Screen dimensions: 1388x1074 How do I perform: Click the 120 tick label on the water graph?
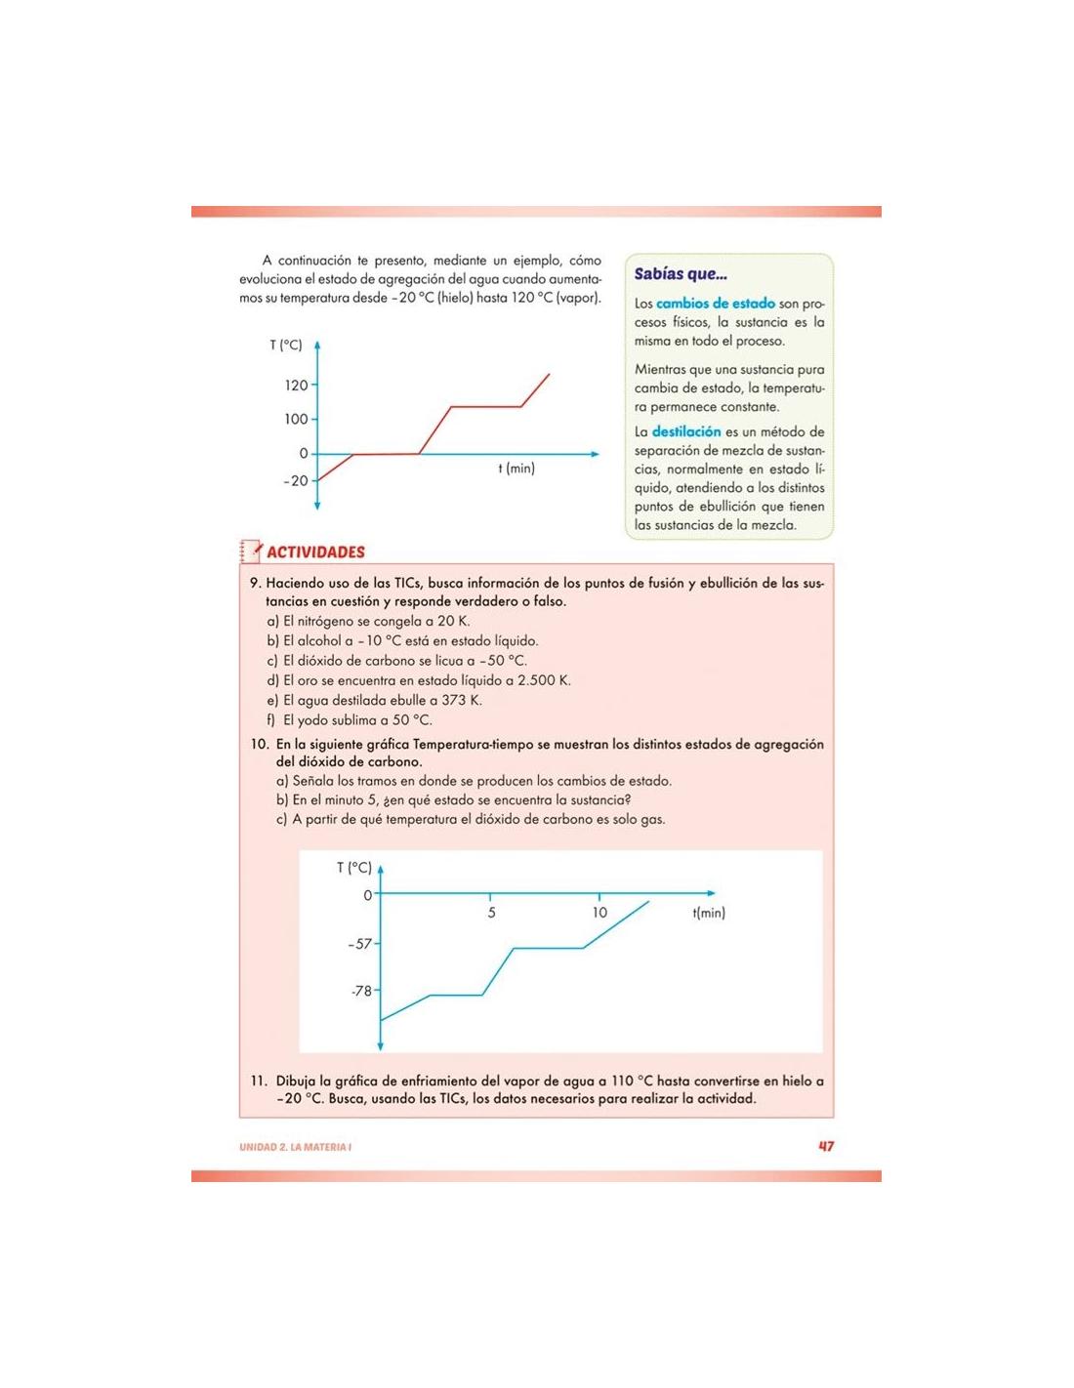[296, 386]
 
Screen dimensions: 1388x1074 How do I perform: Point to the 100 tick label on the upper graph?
[296, 420]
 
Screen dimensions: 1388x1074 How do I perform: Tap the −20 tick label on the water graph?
[295, 481]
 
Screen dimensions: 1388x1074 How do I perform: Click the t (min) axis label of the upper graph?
[516, 469]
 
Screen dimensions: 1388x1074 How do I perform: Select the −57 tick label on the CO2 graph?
[359, 944]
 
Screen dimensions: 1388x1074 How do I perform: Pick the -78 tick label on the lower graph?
[361, 991]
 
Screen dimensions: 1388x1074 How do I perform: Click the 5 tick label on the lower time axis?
[491, 913]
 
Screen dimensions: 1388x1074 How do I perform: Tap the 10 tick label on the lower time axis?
[599, 913]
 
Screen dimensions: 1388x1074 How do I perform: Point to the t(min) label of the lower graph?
[709, 913]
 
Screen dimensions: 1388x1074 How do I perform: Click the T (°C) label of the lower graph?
[353, 868]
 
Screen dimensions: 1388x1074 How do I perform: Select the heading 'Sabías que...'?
[681, 274]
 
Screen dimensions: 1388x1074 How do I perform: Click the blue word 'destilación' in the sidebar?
[686, 431]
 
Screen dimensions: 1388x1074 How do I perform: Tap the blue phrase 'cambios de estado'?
[716, 304]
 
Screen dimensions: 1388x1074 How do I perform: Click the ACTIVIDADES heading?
[315, 552]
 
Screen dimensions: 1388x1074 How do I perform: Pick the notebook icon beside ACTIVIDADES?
[251, 551]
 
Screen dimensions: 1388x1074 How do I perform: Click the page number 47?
[826, 1146]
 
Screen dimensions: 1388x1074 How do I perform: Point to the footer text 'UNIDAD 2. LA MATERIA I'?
[295, 1147]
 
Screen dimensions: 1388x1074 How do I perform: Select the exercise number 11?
[259, 1081]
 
